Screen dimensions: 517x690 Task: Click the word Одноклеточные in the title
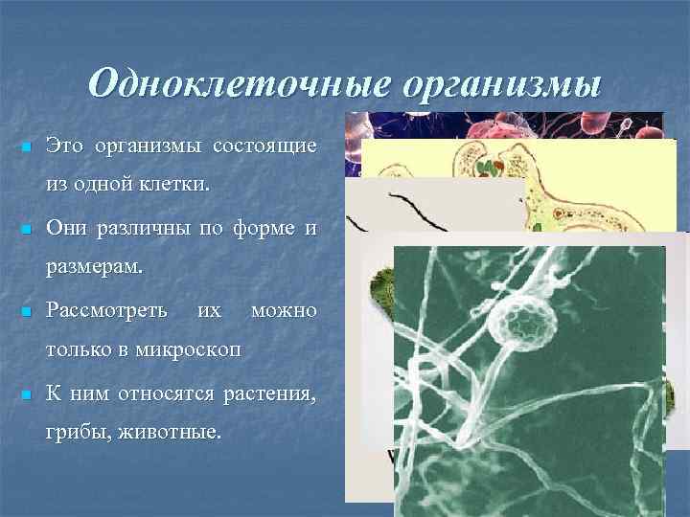240,84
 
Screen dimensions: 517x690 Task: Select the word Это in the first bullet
66,146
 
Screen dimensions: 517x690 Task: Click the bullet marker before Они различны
26,231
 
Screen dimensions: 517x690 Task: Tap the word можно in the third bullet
283,311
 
